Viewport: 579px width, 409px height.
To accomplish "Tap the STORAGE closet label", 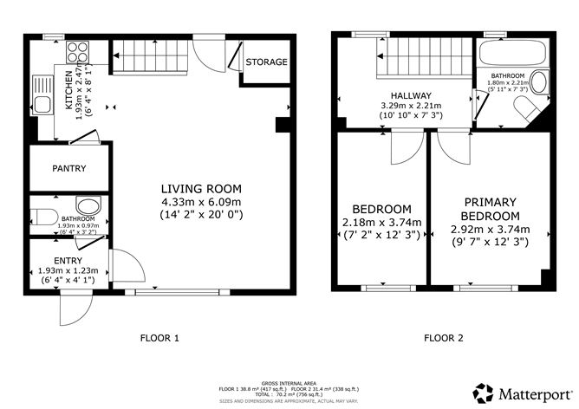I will pos(266,62).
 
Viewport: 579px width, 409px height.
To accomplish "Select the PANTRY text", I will pos(68,168).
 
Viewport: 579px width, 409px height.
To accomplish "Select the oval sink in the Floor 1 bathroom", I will pos(88,205).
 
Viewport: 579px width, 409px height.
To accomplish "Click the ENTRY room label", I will pos(68,260).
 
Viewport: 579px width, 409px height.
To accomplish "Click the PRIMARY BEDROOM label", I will pos(490,209).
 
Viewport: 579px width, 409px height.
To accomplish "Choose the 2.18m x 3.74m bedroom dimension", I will pos(381,223).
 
